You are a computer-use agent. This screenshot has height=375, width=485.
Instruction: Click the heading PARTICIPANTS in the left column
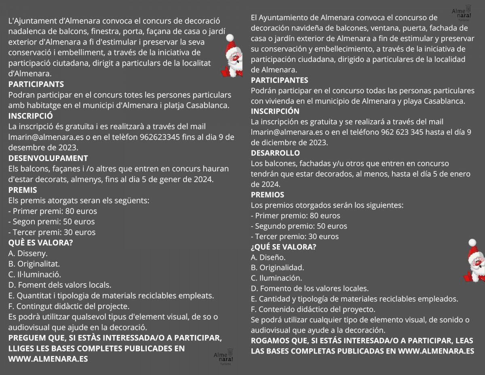point(36,85)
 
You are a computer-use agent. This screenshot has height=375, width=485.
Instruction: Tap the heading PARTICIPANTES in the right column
point(279,80)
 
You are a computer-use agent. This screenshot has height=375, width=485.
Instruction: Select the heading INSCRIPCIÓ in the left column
point(30,116)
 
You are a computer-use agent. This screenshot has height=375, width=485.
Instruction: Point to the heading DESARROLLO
point(275,153)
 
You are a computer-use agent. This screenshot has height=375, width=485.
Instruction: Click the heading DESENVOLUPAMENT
point(48,158)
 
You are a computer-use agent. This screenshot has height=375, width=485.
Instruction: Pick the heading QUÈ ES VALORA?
point(40,243)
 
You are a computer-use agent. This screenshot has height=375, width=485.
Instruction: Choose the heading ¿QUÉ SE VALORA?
point(283,247)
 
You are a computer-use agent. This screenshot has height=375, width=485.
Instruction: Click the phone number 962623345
point(160,137)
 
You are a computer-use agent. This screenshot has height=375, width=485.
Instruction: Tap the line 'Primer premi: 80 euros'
point(53,211)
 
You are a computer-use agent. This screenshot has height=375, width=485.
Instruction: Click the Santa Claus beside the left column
point(232,57)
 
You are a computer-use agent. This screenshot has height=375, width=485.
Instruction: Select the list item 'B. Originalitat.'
point(34,264)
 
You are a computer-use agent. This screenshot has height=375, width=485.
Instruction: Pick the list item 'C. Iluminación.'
point(276,278)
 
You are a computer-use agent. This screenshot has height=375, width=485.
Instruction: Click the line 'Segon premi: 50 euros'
point(51,222)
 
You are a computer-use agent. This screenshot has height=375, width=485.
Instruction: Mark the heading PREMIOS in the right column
point(268,195)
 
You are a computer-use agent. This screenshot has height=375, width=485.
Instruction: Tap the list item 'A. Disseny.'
point(28,253)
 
